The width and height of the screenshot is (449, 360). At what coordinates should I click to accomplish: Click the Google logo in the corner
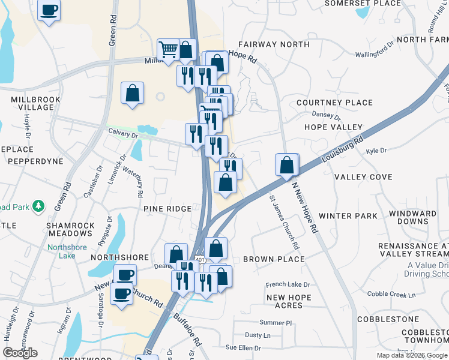click(x=20, y=353)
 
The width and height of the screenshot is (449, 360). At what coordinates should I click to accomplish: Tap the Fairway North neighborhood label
click(x=274, y=44)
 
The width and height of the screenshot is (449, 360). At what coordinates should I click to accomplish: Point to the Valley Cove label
click(x=363, y=177)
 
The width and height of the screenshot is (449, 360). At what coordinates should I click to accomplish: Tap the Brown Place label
click(x=274, y=259)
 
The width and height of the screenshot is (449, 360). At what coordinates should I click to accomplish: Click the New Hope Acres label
click(x=289, y=301)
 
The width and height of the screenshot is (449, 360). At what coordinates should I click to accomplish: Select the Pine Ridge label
click(x=167, y=208)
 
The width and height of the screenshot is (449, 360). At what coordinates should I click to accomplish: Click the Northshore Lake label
click(x=67, y=251)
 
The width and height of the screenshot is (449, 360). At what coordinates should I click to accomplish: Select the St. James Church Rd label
click(x=283, y=221)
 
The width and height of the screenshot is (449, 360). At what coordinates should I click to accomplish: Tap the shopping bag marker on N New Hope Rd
click(x=288, y=164)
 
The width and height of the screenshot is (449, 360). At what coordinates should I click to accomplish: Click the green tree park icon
click(x=38, y=206)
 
